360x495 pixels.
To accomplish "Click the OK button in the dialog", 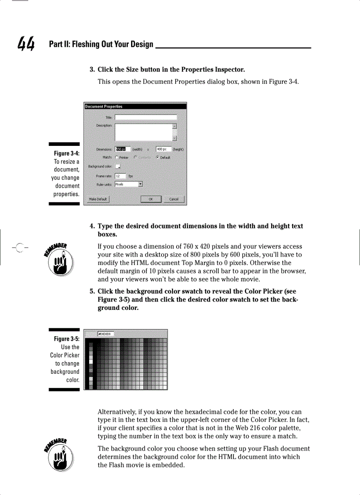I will [x=151, y=199].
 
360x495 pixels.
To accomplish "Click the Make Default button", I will [x=97, y=199].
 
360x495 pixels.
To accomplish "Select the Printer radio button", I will [x=116, y=157].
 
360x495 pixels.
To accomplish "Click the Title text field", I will [x=146, y=117].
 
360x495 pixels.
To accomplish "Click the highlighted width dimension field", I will [x=120, y=149].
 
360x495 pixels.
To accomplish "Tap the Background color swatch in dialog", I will [x=118, y=166].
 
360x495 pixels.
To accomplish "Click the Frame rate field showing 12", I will [x=120, y=176].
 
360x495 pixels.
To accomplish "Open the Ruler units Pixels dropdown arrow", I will [x=140, y=184].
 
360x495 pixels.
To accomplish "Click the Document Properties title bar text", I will [x=104, y=106].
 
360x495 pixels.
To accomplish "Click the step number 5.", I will [x=92, y=291].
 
